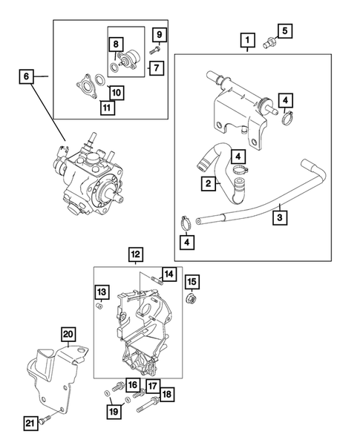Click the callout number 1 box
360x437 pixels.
[x=247, y=39]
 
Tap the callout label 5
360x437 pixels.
[x=286, y=31]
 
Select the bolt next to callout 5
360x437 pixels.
[x=268, y=45]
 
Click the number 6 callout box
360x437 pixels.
[x=27, y=76]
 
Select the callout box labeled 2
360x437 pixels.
[x=210, y=183]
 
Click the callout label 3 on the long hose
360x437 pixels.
[x=280, y=219]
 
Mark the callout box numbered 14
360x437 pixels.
[x=168, y=275]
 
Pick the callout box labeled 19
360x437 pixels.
[x=114, y=410]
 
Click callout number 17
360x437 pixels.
[x=151, y=385]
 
